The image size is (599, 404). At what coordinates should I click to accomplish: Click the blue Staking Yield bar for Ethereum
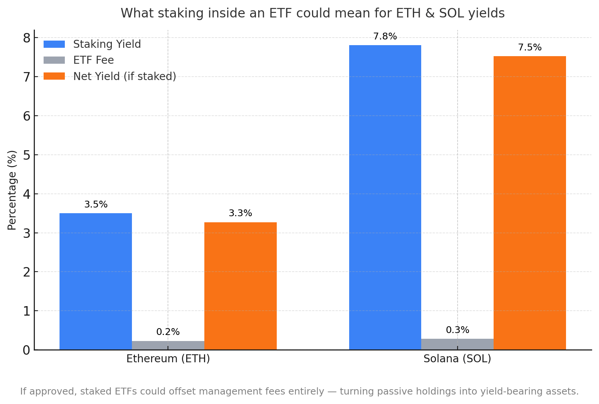(x=96, y=281)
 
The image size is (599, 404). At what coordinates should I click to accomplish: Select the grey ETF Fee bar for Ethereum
(x=168, y=345)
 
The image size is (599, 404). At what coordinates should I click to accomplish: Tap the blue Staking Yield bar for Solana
(x=385, y=197)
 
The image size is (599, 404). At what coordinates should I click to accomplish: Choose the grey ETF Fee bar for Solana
(x=457, y=344)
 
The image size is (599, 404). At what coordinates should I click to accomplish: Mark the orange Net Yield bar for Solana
(x=530, y=203)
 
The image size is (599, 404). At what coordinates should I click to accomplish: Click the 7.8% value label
(x=385, y=36)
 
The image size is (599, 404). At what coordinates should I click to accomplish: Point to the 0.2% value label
(x=168, y=332)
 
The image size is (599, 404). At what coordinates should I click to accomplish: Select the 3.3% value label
(x=240, y=213)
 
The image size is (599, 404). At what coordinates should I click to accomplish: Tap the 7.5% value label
(x=530, y=47)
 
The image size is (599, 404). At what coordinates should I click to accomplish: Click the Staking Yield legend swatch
(x=54, y=44)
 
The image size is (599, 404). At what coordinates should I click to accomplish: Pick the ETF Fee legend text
(x=93, y=60)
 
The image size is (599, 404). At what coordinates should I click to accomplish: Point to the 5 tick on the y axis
(x=27, y=155)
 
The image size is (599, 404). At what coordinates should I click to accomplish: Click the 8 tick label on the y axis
(x=27, y=38)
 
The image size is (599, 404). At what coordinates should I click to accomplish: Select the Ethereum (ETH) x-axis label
(x=168, y=359)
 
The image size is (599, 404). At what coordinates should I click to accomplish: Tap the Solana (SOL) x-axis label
(x=457, y=359)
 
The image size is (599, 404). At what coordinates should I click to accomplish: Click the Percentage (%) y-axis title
(x=12, y=190)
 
